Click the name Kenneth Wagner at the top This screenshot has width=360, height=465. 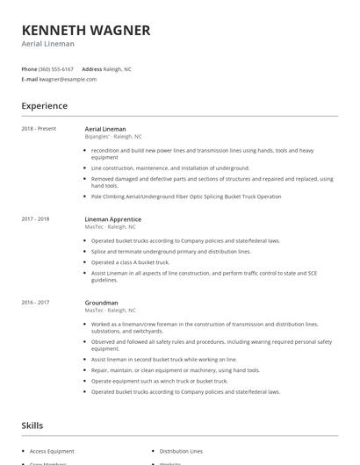[86, 30]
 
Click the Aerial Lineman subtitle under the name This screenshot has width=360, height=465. [48, 44]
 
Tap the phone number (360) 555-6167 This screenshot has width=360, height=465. [56, 68]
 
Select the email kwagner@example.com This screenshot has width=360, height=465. [68, 79]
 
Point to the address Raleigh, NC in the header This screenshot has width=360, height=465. [118, 68]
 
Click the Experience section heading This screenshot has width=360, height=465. [45, 106]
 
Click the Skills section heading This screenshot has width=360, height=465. [32, 426]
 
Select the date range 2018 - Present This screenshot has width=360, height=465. [39, 129]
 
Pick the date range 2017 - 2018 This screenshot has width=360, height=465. [36, 218]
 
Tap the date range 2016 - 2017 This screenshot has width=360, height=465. [36, 303]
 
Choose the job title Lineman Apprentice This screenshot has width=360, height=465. [113, 218]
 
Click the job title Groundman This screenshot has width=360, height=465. [103, 303]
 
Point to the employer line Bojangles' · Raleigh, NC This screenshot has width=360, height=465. [113, 137]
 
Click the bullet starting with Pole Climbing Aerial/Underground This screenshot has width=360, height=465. [187, 197]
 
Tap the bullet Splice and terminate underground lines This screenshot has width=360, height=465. [170, 251]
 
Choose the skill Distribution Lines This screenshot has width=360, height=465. [181, 451]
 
